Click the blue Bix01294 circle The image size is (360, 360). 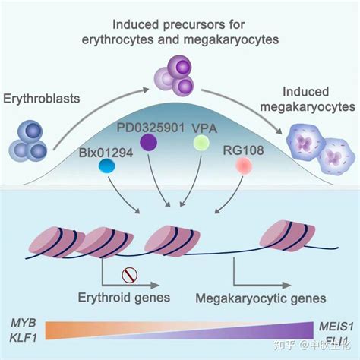coord(106,166)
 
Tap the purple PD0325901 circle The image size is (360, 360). coord(149,142)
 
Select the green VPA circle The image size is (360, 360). coord(201,142)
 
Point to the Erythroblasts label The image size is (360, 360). coord(36,98)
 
